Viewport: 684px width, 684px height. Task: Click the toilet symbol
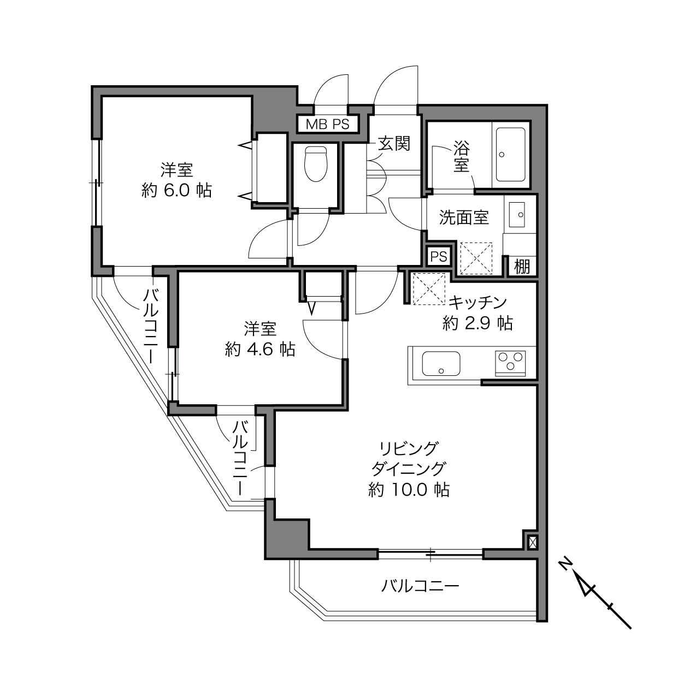[x=315, y=164]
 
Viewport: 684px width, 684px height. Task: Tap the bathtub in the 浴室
[x=510, y=155]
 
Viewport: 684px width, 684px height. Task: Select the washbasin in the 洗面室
[x=517, y=214]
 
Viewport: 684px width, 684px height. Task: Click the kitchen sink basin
[x=441, y=363]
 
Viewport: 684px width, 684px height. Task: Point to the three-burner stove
[x=510, y=363]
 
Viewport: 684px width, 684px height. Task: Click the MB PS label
[x=328, y=124]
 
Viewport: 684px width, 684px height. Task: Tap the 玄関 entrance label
[x=394, y=144]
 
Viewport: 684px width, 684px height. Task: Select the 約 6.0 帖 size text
[x=176, y=191]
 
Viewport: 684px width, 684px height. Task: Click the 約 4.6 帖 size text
[x=260, y=350]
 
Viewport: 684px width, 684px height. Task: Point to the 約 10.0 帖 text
[x=409, y=490]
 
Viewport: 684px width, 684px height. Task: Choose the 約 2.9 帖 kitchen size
[x=477, y=323]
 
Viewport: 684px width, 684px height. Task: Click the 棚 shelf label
[x=522, y=267]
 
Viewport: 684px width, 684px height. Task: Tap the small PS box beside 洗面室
[x=439, y=257]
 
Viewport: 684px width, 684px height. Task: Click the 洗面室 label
[x=464, y=217]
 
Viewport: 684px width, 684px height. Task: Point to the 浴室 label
[x=462, y=157]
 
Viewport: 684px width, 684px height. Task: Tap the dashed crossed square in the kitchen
[x=429, y=288]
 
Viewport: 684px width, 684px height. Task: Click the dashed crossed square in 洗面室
[x=476, y=258]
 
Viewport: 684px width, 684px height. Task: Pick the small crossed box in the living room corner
[x=533, y=542]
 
